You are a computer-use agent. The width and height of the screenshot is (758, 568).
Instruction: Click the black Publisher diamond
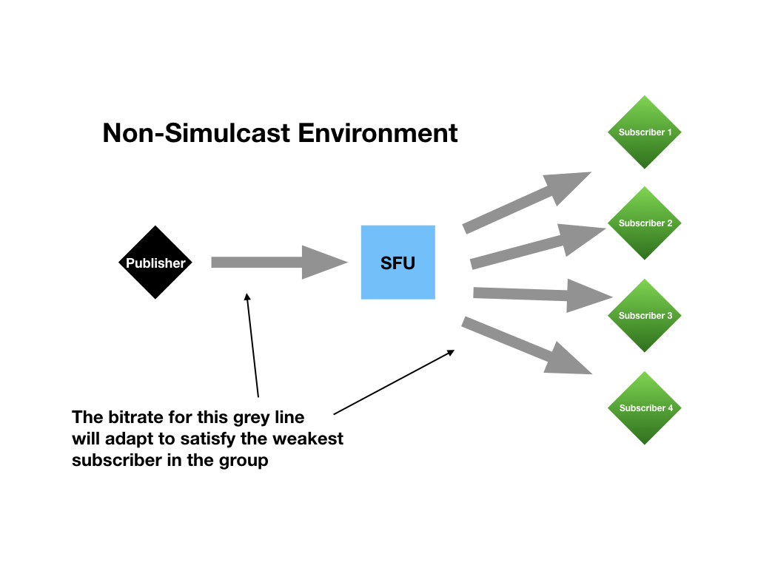click(155, 263)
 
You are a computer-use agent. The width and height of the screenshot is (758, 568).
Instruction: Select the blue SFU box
click(398, 263)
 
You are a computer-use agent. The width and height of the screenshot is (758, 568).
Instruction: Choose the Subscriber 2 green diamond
click(645, 223)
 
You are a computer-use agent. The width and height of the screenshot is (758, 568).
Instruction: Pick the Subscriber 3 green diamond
click(645, 316)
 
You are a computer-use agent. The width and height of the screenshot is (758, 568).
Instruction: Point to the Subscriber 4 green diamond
click(645, 408)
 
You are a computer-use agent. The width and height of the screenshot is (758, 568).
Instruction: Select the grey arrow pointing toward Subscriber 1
click(526, 203)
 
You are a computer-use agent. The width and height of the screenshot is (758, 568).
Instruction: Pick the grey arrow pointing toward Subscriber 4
click(526, 345)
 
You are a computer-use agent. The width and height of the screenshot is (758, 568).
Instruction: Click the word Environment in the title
click(378, 133)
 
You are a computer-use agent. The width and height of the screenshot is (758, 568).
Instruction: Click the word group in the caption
click(244, 461)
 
